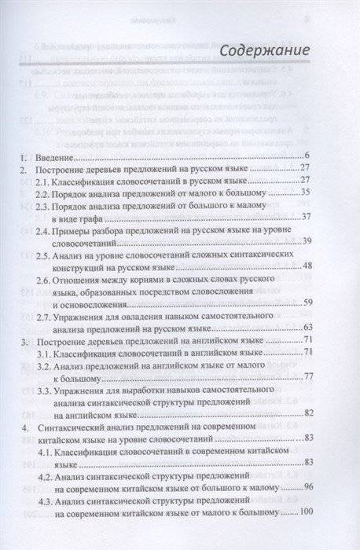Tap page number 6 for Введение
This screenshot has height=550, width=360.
tap(310, 157)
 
